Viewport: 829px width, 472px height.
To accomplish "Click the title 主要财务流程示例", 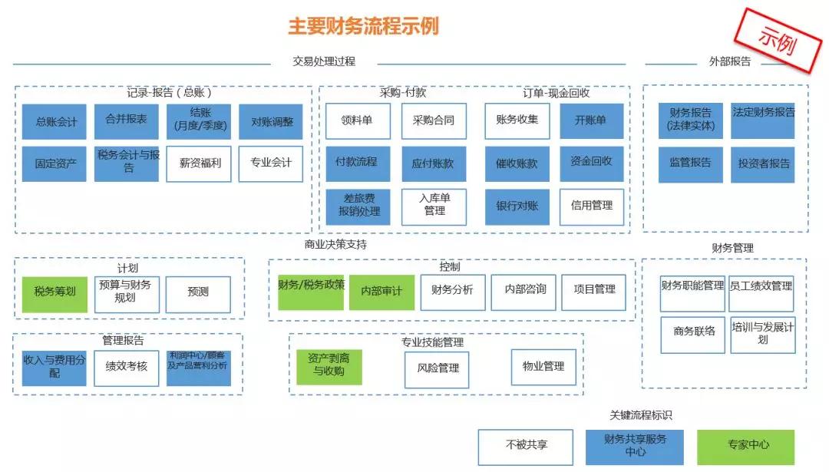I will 363,26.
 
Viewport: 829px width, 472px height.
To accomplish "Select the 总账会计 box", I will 55,122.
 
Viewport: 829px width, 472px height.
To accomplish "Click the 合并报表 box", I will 127,121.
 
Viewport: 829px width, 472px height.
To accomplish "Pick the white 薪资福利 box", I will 200,163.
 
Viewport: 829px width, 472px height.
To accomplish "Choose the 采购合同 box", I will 434,121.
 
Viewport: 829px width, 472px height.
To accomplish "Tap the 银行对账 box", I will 517,206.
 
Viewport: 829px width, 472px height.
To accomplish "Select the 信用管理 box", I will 591,206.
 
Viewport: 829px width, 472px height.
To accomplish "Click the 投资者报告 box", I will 762,164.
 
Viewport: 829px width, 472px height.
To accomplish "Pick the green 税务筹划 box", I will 55,292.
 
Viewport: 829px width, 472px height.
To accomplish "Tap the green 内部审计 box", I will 381,292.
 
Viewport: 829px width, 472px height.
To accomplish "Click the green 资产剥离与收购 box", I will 329,366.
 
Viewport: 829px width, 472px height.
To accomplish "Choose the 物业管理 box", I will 543,368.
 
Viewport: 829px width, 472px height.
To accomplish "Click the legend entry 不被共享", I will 527,446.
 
